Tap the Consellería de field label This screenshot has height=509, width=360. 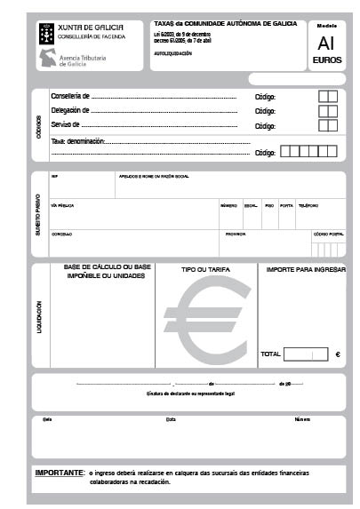coord(71,96)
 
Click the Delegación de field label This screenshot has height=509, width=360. coord(71,111)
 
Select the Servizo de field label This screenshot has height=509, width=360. coord(66,125)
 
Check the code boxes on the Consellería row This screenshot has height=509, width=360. coord(327,96)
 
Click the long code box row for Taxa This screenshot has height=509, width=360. coord(308,152)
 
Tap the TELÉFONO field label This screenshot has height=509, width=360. coord(308,205)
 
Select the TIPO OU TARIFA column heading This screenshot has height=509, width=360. coord(206,268)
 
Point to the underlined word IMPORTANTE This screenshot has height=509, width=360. coord(60,473)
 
